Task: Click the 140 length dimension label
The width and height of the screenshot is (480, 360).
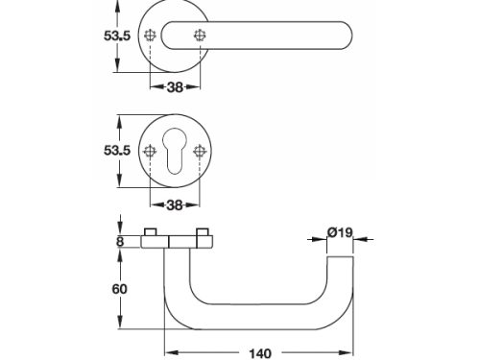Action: (260, 353)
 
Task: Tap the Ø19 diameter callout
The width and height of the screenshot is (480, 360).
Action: (340, 232)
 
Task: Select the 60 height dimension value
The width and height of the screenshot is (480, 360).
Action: (119, 289)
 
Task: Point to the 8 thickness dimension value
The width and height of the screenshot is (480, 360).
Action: (120, 242)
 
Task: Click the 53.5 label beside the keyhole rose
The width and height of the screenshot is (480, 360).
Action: (117, 150)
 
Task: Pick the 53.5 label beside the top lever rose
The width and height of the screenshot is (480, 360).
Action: (117, 36)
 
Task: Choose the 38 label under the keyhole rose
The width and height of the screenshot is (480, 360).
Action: (175, 205)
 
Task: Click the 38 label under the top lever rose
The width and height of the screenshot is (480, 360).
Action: (175, 86)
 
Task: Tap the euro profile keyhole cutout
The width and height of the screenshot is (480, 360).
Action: (175, 151)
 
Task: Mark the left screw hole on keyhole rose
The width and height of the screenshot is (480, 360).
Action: (150, 152)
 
